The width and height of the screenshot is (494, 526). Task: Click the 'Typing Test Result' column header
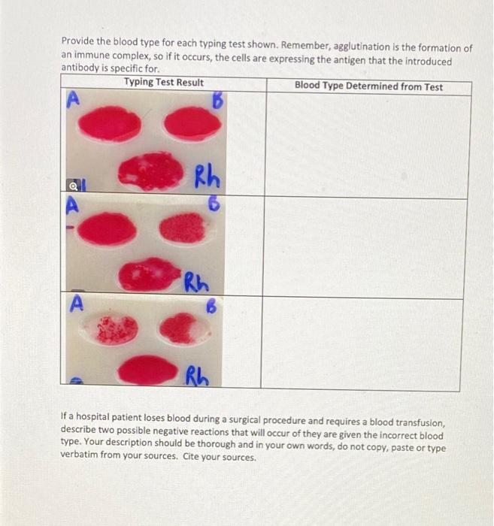coord(163,83)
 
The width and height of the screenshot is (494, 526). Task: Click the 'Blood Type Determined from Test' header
coord(368,86)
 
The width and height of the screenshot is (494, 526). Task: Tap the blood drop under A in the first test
coord(111,124)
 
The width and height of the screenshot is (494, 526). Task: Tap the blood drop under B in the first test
coord(192,123)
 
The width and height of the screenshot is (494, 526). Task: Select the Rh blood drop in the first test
coord(150,171)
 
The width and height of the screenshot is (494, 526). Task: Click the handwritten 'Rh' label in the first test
coord(206,180)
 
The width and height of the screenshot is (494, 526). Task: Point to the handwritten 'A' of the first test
coord(74,100)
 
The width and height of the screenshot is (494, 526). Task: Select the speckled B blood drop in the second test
coord(183,228)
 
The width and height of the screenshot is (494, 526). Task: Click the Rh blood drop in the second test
coord(150,274)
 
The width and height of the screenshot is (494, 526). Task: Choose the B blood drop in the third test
coord(180,328)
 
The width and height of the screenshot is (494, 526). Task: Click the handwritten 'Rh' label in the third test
coord(197,373)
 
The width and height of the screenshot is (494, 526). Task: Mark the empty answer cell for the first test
coord(366,147)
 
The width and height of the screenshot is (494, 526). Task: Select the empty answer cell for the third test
coord(366,344)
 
